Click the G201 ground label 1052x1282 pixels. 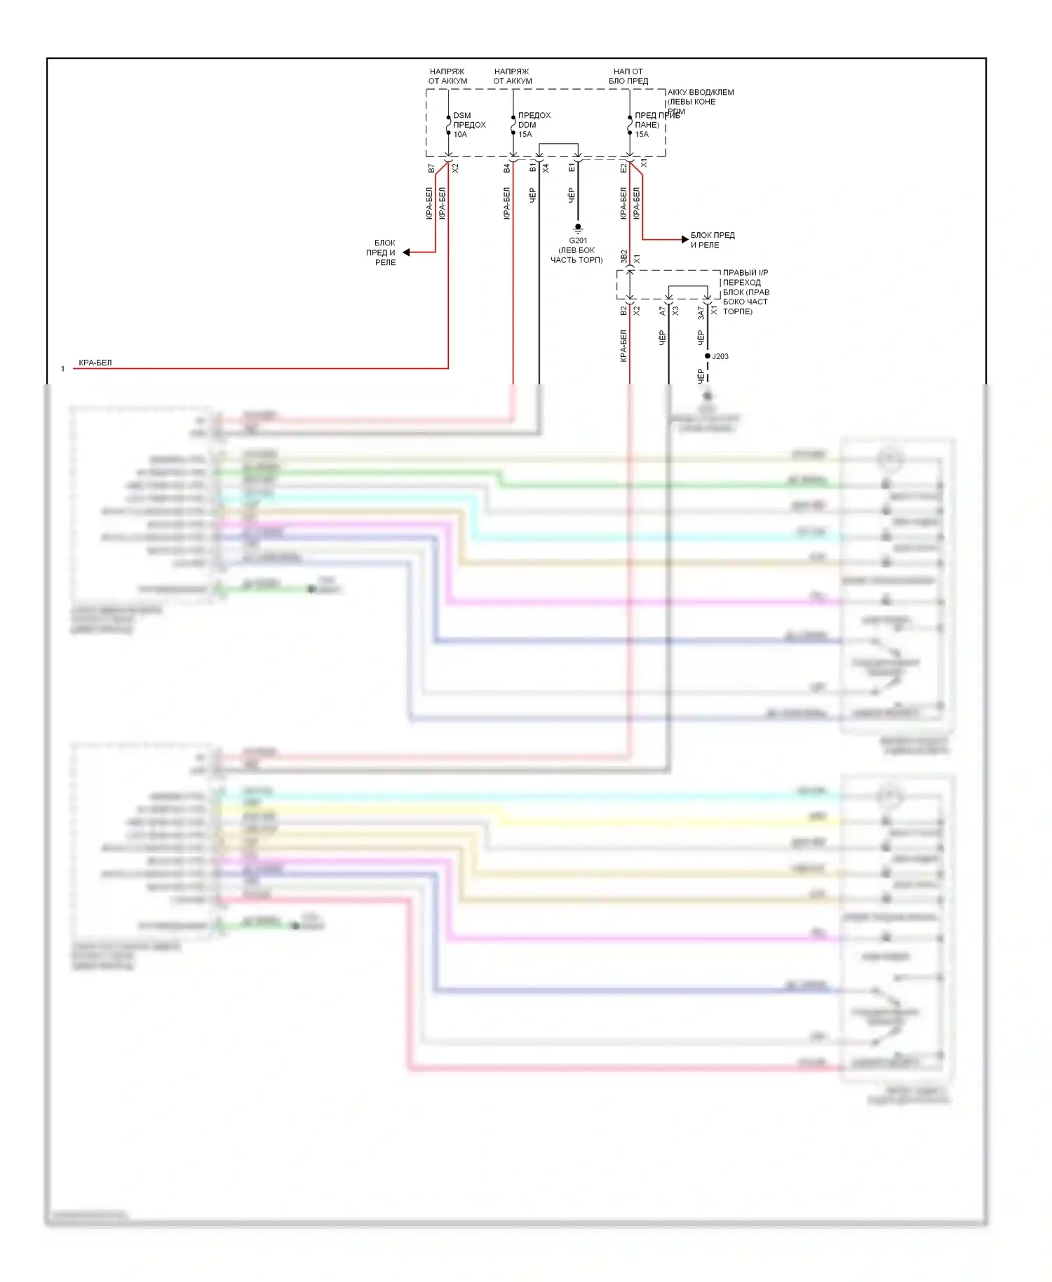point(578,241)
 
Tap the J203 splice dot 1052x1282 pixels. point(707,356)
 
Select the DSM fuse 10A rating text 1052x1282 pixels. point(460,135)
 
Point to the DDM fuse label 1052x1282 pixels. point(527,125)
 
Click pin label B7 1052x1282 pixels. point(431,169)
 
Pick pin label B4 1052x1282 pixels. point(506,168)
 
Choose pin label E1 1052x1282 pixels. point(572,168)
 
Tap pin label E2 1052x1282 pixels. point(623,168)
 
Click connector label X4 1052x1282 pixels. point(546,168)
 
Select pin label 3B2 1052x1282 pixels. point(623,257)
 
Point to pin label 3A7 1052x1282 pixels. point(701,313)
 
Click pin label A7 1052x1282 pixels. point(662,310)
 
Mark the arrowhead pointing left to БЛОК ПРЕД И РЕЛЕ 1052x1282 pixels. point(406,252)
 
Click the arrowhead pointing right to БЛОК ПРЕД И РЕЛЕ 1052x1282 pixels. point(685,240)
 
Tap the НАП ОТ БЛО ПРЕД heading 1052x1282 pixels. point(628,76)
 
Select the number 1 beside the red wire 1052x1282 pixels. point(62,369)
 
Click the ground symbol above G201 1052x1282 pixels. point(578,228)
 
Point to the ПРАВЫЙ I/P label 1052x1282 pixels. point(746,273)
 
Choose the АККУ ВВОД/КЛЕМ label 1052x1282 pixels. point(701,92)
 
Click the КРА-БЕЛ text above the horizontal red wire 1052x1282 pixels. point(95,363)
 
